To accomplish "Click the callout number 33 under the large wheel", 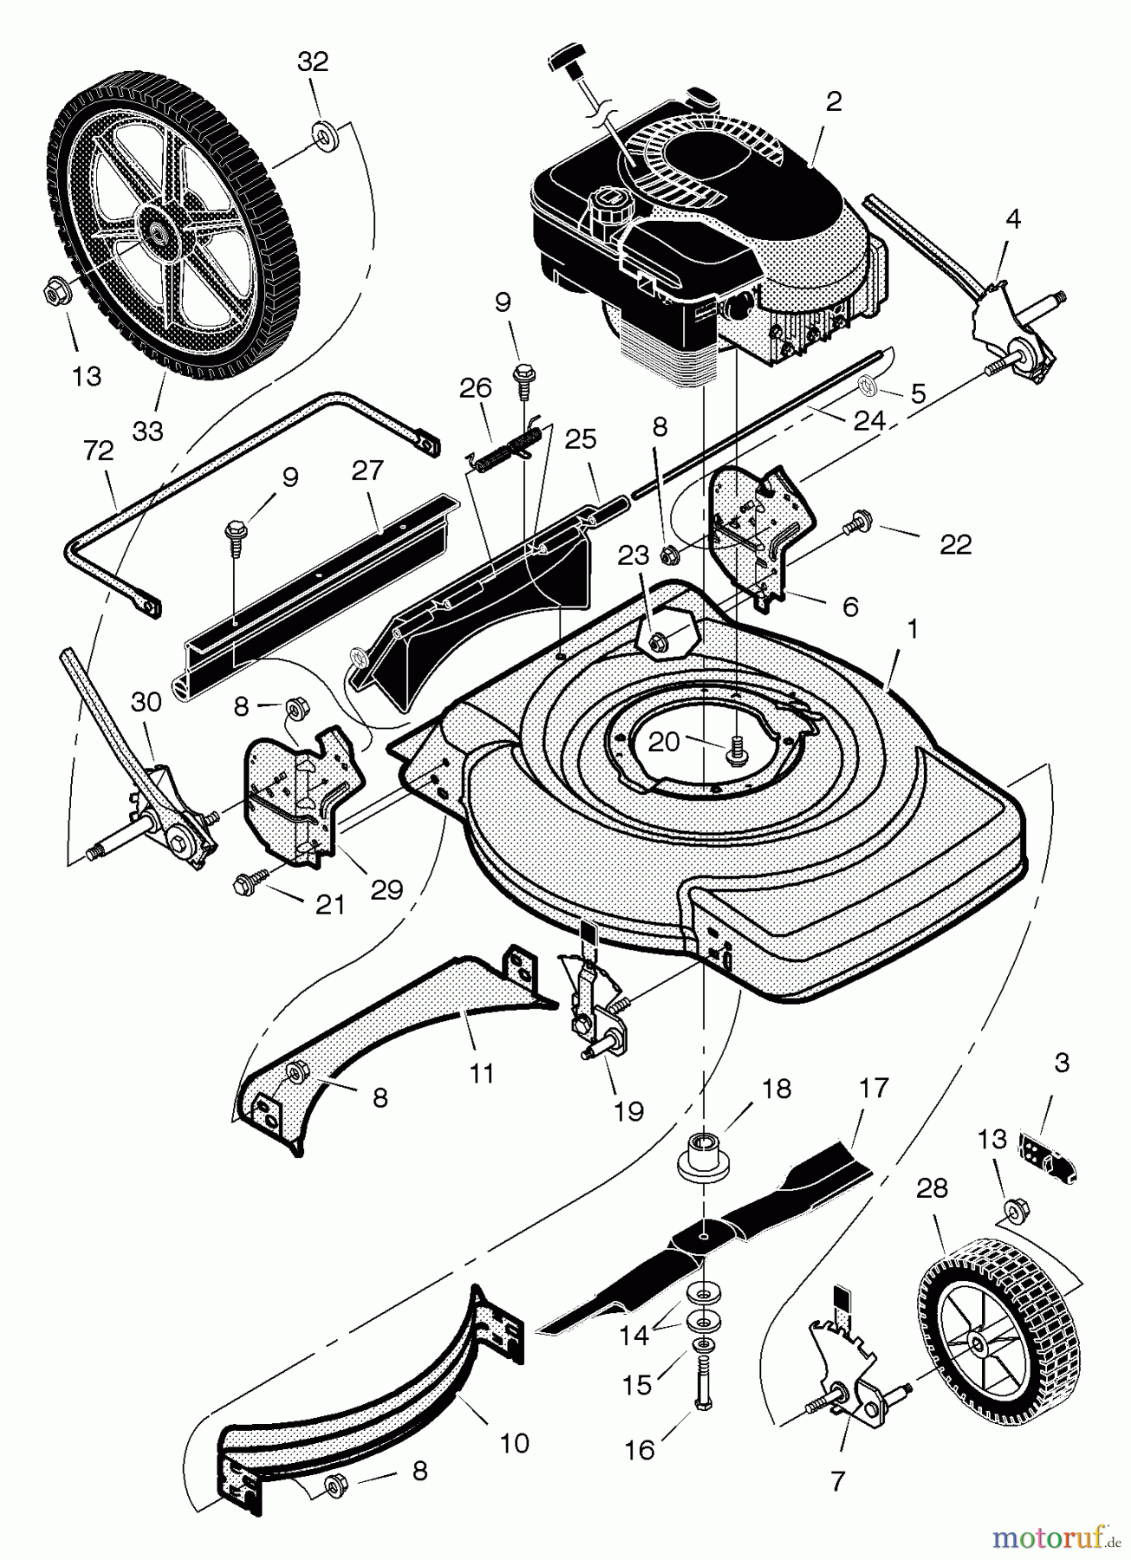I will pos(148,430).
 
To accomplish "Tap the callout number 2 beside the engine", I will pos(834,101).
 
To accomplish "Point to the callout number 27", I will pos(367,471).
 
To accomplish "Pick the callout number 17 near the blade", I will pos(874,1088).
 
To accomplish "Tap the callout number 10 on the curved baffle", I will pos(514,1443).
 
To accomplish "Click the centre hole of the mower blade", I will pos(705,1227).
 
